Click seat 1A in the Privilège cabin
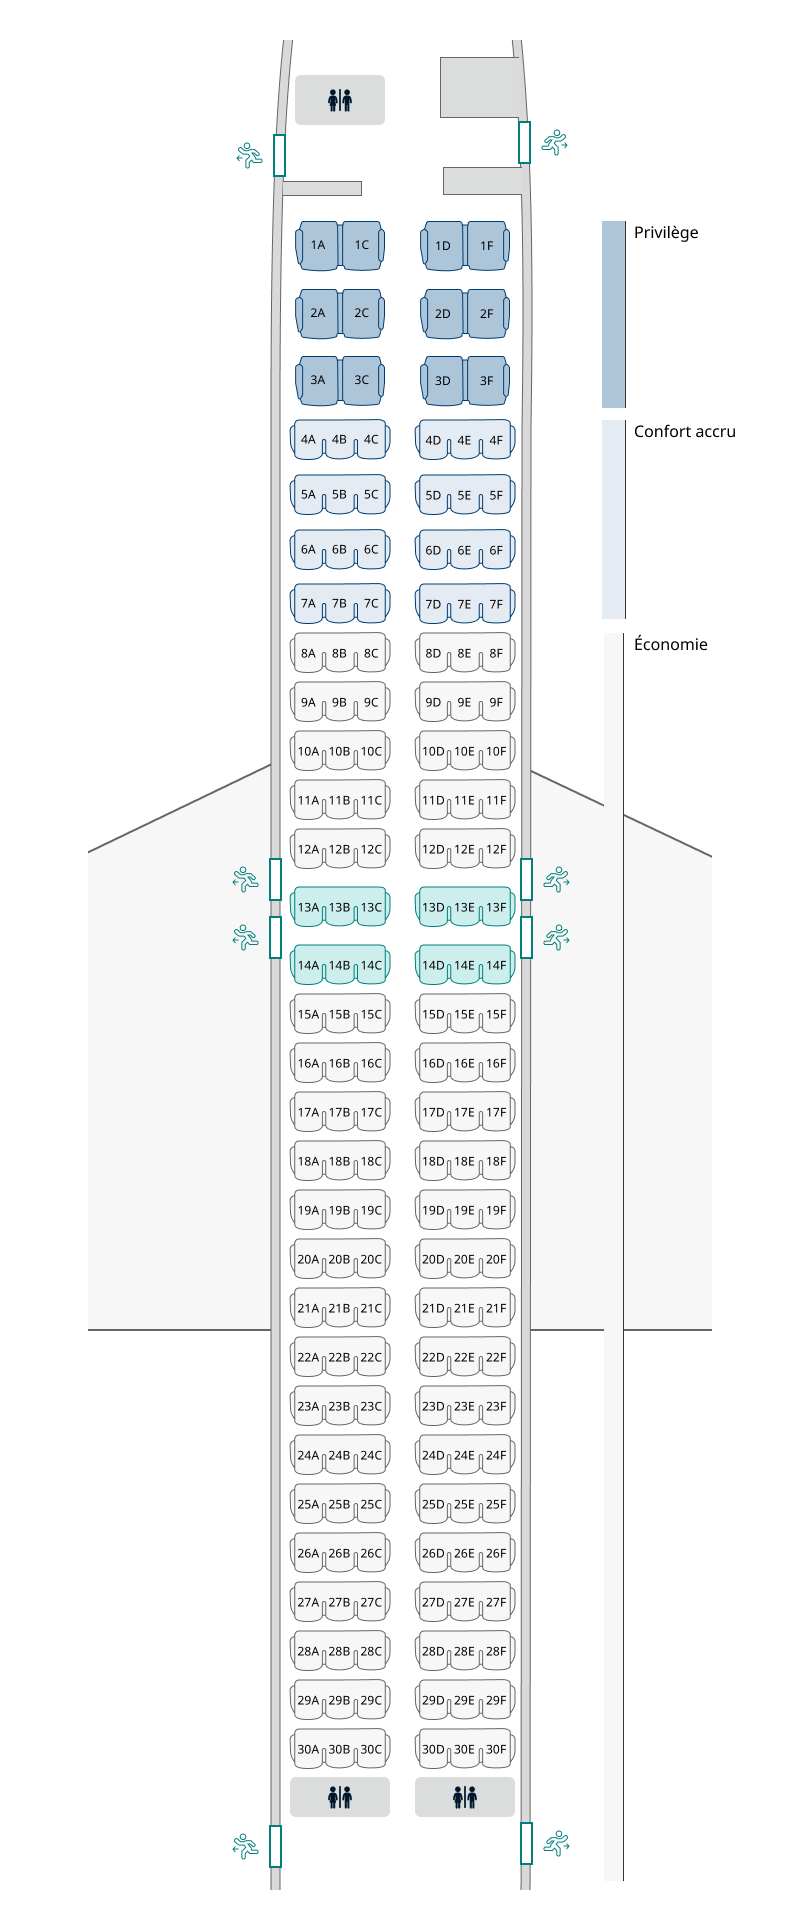coord(318,245)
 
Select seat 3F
coord(486,380)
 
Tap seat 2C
coord(361,313)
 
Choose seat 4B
coord(339,439)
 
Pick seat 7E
coord(464,604)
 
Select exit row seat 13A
coord(308,908)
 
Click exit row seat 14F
coord(496,966)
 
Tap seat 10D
coord(433,752)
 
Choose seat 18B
coord(339,1162)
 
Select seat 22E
coord(464,1358)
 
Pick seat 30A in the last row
coord(308,1750)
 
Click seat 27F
coord(496,1603)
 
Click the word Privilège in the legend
coord(666,233)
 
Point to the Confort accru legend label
coord(684,432)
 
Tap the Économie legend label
coord(670,645)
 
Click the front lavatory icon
coord(340,100)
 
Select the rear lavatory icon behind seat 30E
coord(465,1797)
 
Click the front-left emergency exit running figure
coord(249,155)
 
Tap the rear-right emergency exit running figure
coord(555,1842)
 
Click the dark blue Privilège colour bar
coord(613,314)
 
